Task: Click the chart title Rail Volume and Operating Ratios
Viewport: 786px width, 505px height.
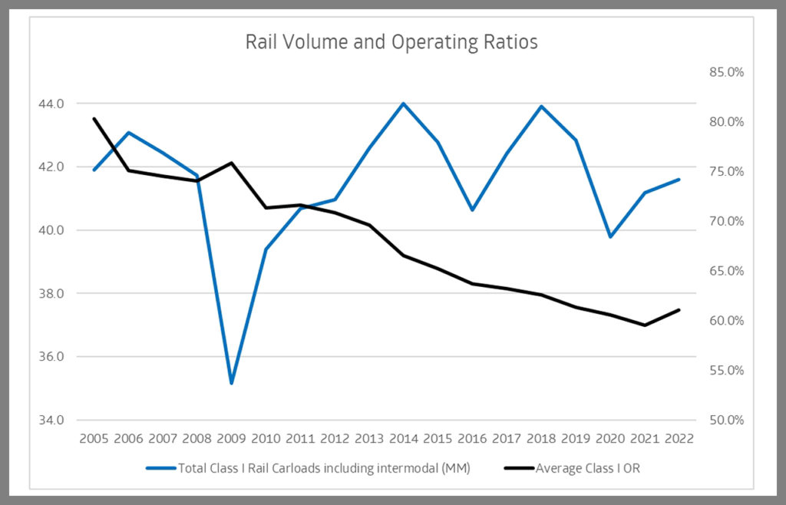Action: [x=391, y=41]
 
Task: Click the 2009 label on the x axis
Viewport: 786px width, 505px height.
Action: [x=231, y=438]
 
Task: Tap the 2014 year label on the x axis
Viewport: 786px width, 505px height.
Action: [x=404, y=438]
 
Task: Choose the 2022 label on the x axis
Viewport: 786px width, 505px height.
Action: [x=679, y=438]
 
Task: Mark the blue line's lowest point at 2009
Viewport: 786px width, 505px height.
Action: [x=231, y=383]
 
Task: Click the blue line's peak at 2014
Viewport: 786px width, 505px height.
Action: [x=404, y=103]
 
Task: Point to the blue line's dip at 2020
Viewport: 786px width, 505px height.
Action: [x=610, y=236]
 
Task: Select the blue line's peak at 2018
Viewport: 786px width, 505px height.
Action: [x=541, y=106]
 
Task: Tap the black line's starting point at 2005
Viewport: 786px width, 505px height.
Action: [x=94, y=118]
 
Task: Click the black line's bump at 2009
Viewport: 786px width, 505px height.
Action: [x=231, y=163]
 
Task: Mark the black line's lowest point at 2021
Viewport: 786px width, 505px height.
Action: [x=645, y=325]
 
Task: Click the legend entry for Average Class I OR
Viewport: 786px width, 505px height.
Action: [x=587, y=467]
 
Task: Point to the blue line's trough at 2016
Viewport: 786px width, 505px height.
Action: [x=472, y=210]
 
